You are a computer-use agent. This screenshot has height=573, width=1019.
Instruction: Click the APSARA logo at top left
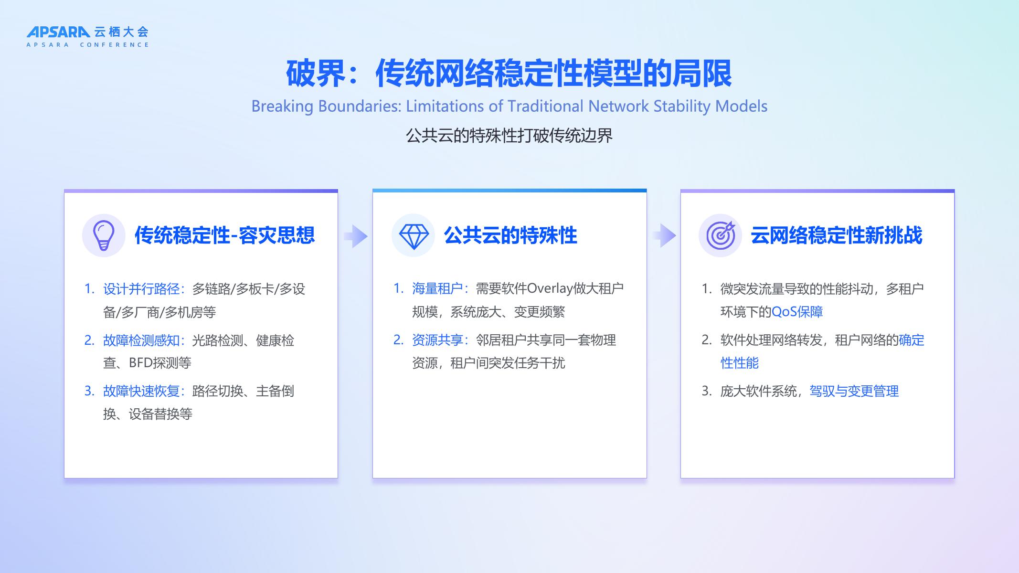[x=87, y=37]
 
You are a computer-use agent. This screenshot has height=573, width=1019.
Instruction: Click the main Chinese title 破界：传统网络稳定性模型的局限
[x=509, y=74]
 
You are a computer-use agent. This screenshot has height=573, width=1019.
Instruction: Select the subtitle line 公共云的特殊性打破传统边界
[x=509, y=136]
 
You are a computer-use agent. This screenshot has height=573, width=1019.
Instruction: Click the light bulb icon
[x=104, y=235]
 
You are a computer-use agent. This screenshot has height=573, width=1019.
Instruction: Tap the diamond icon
[x=414, y=235]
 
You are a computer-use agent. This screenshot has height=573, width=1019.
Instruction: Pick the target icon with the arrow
[x=721, y=235]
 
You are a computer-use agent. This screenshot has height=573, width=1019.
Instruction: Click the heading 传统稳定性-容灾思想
[x=224, y=235]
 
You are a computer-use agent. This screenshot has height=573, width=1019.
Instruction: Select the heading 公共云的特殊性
[x=510, y=235]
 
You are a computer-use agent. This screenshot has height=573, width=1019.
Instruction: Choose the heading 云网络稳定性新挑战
[x=836, y=235]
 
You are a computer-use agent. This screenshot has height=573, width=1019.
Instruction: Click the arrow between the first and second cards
[x=356, y=236]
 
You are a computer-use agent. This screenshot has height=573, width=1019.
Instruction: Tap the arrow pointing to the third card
[x=664, y=235]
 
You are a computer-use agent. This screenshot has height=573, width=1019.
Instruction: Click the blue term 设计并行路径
[x=141, y=289]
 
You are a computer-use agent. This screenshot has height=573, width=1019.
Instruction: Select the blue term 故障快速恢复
[x=141, y=391]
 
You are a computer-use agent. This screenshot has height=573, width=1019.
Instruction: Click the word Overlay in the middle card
[x=550, y=288]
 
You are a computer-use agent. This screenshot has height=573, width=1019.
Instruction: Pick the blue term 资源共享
[x=437, y=340]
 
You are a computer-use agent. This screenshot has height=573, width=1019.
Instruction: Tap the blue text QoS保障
[x=797, y=312]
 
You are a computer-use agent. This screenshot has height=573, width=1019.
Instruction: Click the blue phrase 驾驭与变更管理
[x=854, y=391]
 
